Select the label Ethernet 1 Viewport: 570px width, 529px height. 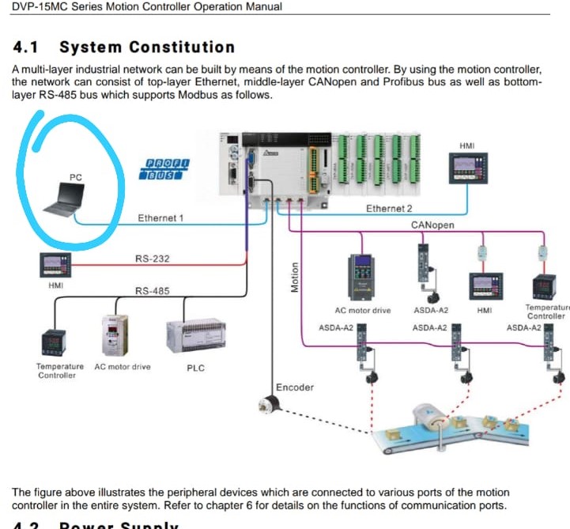pyautogui.click(x=160, y=218)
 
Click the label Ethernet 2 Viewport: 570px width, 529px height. pyautogui.click(x=389, y=209)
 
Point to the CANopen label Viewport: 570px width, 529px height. pyautogui.click(x=432, y=225)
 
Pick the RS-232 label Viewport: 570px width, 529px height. pyautogui.click(x=152, y=259)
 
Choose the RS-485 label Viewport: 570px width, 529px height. pyautogui.click(x=152, y=291)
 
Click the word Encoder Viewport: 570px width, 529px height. pyautogui.click(x=295, y=387)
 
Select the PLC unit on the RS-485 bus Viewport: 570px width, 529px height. pyautogui.click(x=195, y=336)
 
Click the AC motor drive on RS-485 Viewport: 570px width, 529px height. pyautogui.click(x=115, y=336)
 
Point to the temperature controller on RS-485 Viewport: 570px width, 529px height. pyautogui.click(x=58, y=342)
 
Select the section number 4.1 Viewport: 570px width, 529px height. pyautogui.click(x=28, y=47)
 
